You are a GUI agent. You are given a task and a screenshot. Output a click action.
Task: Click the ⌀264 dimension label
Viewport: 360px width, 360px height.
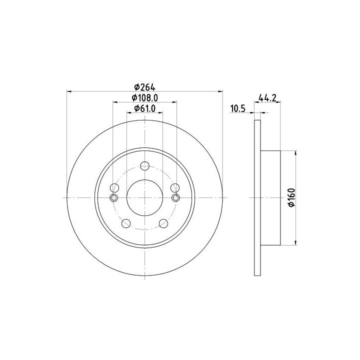(144, 87)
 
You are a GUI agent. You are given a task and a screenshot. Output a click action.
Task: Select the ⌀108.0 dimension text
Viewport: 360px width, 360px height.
(144, 98)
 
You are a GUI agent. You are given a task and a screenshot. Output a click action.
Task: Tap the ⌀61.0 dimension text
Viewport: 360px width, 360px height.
(144, 108)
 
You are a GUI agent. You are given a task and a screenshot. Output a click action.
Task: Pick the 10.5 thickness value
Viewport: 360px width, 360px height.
(238, 108)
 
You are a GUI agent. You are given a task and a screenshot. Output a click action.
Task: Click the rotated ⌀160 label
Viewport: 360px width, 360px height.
(291, 197)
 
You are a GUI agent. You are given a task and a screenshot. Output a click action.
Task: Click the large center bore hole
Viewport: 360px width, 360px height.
(144, 197)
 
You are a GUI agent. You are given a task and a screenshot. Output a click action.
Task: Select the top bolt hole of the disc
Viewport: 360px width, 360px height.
(144, 166)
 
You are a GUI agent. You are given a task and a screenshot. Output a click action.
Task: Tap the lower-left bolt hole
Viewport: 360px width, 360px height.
(126, 223)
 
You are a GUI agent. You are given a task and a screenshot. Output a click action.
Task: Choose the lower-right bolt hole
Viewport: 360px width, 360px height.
(163, 223)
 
